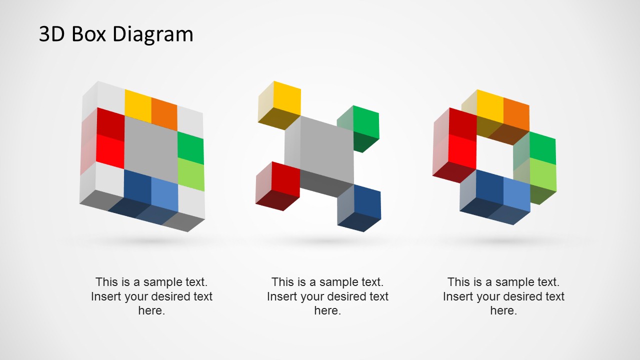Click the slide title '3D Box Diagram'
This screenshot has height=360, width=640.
[x=116, y=34]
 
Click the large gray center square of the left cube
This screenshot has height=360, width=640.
[x=150, y=145]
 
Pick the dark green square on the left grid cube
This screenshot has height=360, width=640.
[x=190, y=147]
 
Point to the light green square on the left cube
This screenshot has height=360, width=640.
[x=191, y=174]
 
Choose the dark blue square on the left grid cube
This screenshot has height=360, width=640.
[x=137, y=186]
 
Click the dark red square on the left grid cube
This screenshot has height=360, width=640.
[x=110, y=123]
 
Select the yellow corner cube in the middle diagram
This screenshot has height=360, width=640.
[x=286, y=98]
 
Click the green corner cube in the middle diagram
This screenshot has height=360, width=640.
[x=366, y=121]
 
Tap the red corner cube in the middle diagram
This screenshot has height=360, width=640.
[x=285, y=178]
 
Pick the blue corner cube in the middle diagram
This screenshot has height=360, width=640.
[x=367, y=202]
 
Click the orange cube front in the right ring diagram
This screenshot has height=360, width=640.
[x=516, y=114]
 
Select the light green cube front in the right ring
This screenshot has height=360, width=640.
[x=542, y=174]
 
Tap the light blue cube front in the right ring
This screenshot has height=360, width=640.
[x=516, y=194]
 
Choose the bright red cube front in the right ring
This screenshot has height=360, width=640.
[x=462, y=151]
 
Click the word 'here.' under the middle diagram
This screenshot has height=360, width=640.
[x=327, y=310]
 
